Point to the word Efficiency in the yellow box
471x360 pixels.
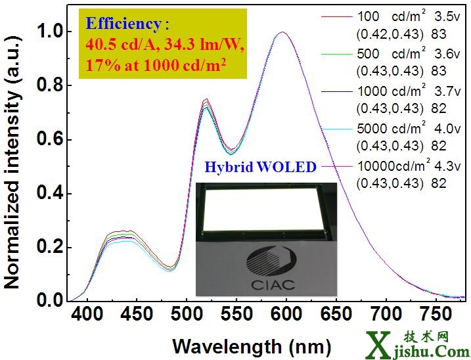(123, 25)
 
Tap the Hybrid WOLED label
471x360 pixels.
(260, 168)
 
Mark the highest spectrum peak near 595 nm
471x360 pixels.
(282, 32)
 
